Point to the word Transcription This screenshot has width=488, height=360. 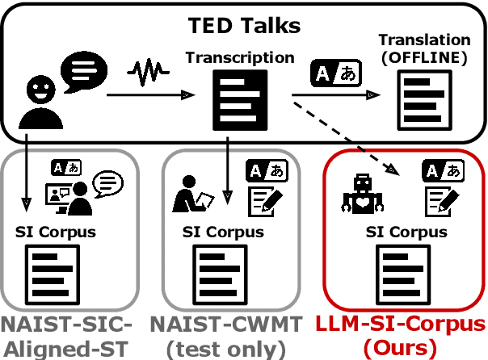click(240, 58)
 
